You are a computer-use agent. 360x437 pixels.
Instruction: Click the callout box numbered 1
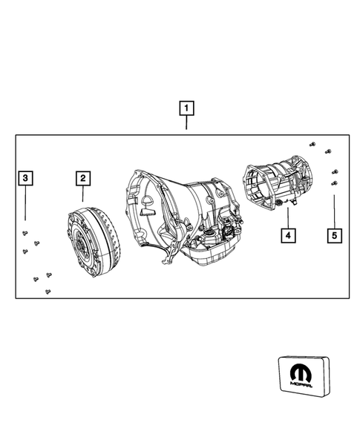(186, 108)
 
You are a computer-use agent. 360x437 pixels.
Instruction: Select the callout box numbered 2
(82, 178)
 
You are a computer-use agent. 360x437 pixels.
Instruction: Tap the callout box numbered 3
(26, 178)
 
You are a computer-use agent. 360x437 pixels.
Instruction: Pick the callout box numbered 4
(287, 236)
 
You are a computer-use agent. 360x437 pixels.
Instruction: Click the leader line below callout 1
(186, 124)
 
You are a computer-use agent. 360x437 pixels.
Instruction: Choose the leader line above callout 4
(287, 220)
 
